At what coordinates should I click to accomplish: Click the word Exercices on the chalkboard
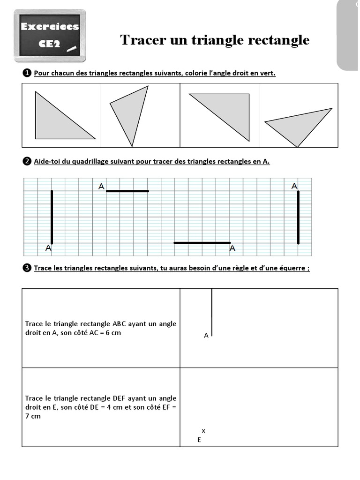[x=50, y=27]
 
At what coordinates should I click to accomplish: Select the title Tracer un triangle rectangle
[x=215, y=40]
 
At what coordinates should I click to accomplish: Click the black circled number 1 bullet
[x=27, y=73]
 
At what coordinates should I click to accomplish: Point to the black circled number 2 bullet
[x=27, y=162]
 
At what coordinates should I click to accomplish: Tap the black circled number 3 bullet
[x=27, y=268]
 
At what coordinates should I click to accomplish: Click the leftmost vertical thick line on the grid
[x=52, y=217]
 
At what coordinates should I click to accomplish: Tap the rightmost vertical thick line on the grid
[x=298, y=217]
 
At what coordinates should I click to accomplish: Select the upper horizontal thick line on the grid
[x=127, y=191]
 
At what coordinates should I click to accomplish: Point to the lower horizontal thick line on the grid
[x=202, y=243]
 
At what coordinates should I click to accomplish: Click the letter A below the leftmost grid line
[x=48, y=249]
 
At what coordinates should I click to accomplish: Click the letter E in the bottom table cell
[x=199, y=440]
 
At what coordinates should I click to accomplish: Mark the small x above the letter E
[x=203, y=430]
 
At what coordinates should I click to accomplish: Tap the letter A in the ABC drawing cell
[x=206, y=336]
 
